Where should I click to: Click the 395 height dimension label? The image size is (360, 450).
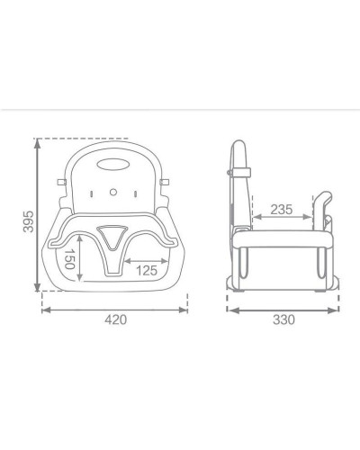[29, 221]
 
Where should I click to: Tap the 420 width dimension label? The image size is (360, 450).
[115, 319]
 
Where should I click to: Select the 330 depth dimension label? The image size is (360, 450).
[283, 319]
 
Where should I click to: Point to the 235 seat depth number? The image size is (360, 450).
[282, 210]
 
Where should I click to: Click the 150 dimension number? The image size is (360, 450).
[69, 259]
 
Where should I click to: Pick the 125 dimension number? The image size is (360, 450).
[147, 271]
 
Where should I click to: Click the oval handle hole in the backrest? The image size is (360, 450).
[112, 165]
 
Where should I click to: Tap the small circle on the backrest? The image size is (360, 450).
[113, 192]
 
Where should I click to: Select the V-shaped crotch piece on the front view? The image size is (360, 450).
[112, 238]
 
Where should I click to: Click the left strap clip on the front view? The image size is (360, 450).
[61, 182]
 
